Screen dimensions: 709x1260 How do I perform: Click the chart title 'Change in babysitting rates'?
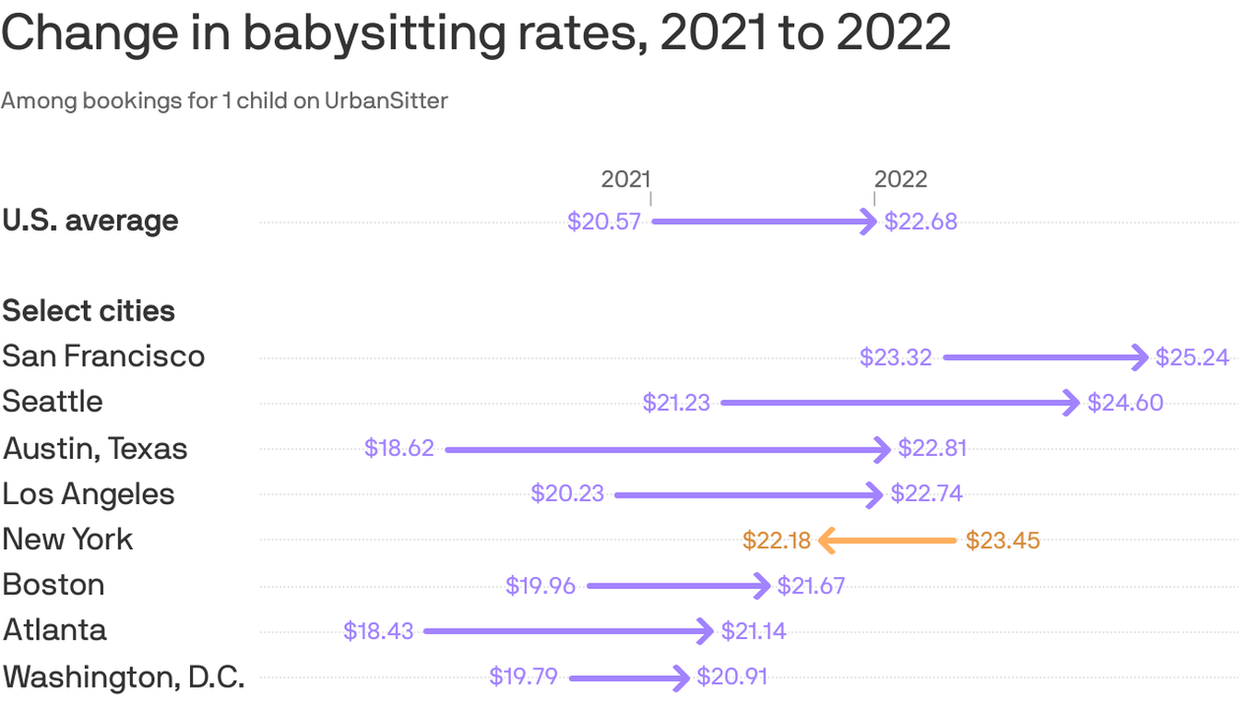tap(475, 33)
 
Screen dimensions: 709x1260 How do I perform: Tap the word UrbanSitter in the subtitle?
tap(386, 101)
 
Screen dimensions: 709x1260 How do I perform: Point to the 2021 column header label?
tap(625, 179)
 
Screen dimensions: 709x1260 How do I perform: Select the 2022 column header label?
tap(900, 179)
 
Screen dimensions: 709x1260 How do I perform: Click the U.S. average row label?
tap(90, 222)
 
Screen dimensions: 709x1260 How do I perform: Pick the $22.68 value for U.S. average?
tap(921, 222)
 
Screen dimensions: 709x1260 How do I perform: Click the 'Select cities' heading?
tap(89, 311)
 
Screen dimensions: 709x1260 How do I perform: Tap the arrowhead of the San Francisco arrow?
tap(1141, 357)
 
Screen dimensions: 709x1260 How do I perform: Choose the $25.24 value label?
tap(1192, 357)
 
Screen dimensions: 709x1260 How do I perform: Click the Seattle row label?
tap(53, 402)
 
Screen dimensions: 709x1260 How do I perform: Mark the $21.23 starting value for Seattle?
tap(676, 403)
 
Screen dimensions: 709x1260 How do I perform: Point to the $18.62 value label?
tap(398, 449)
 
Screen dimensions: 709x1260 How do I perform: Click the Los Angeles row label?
tap(89, 494)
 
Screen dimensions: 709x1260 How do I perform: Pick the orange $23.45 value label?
tap(1003, 540)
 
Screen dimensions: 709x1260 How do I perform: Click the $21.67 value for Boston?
tap(811, 585)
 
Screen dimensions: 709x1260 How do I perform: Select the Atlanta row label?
tap(54, 630)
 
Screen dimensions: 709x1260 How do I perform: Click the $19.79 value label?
tap(523, 677)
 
